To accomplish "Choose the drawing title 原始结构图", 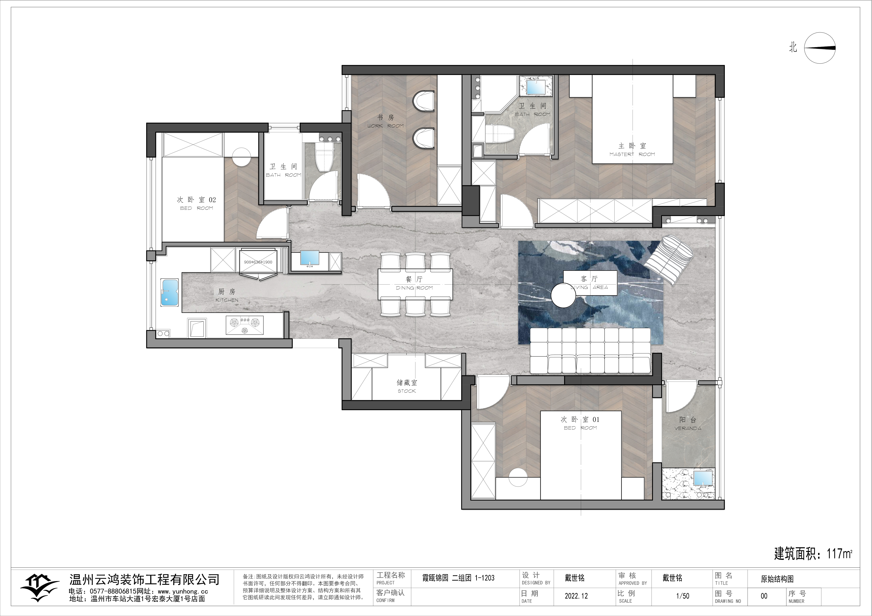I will click(777, 579).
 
